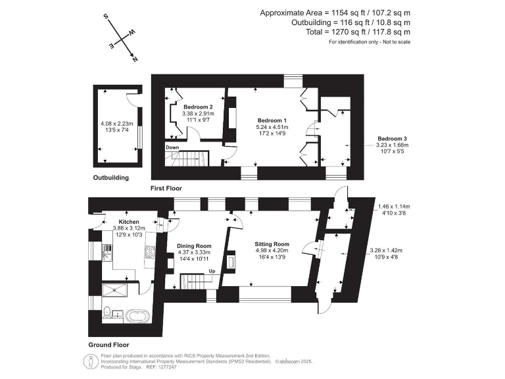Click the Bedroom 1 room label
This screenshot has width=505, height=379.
point(271,120)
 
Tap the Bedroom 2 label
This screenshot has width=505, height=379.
point(198,107)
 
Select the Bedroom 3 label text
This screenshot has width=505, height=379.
point(391,139)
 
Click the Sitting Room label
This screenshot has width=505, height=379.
point(272,243)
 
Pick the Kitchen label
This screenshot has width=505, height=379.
point(128,222)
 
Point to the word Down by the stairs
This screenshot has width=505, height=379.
point(172,147)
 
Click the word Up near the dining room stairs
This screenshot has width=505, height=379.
point(212,271)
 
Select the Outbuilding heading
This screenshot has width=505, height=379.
point(110,178)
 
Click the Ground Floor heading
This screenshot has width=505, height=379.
point(108,345)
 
